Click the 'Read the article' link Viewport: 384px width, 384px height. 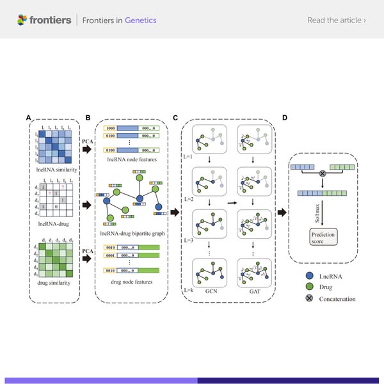(337, 20)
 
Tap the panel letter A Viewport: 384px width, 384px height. (28, 118)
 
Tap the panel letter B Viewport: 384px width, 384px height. (88, 118)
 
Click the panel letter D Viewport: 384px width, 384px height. (285, 118)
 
